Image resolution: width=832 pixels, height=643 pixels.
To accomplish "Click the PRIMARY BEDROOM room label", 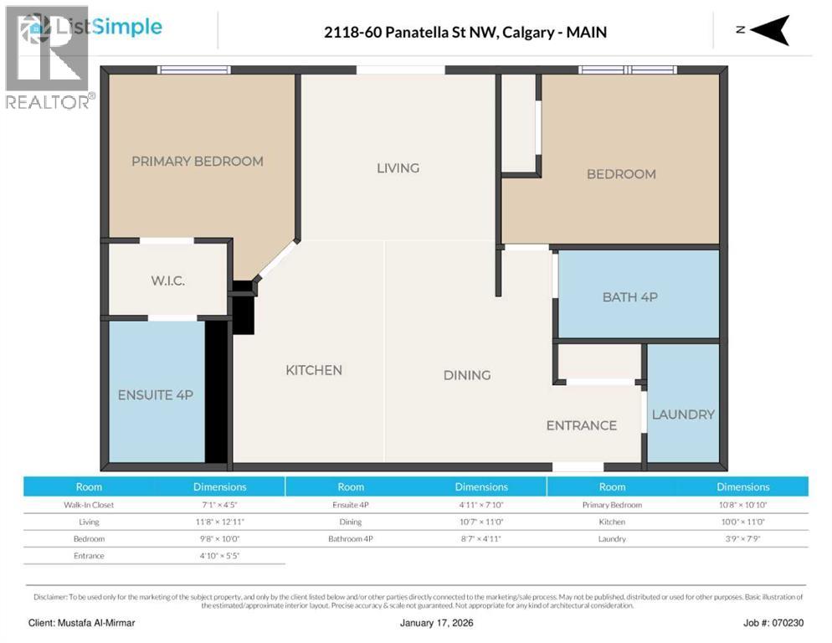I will click(x=197, y=161).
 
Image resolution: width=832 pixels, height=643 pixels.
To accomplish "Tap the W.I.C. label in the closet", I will click(x=168, y=280).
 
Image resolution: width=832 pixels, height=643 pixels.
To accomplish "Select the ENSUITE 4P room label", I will click(x=156, y=394).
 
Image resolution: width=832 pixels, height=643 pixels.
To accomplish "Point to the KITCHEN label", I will click(x=314, y=370).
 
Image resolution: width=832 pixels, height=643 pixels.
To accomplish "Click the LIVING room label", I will click(x=398, y=168).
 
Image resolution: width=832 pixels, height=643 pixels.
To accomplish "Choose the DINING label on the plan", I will click(x=467, y=375).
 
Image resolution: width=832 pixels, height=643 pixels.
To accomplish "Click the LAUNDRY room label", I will click(x=683, y=414).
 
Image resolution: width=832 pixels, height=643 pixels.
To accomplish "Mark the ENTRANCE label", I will click(x=581, y=425).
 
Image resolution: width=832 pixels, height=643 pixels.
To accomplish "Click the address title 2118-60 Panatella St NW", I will click(x=465, y=33).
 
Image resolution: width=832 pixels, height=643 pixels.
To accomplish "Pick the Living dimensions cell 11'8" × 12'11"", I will click(x=220, y=522).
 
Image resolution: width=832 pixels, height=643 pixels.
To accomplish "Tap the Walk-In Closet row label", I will click(x=89, y=505).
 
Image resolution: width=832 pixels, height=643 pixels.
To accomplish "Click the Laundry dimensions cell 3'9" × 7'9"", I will click(x=742, y=538).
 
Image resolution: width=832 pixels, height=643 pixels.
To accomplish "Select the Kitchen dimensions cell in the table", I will click(x=742, y=522).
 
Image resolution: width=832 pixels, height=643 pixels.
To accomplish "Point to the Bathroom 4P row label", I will click(x=351, y=538).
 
